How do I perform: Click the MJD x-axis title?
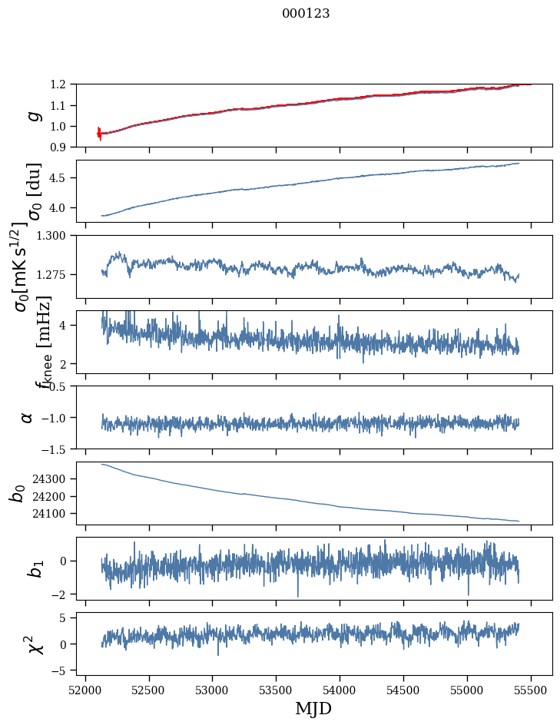313,708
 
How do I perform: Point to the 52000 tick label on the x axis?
85,689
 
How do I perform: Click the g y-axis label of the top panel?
31,115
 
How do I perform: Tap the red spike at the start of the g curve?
99,133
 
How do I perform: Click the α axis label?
27,417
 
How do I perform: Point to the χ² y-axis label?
34,644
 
